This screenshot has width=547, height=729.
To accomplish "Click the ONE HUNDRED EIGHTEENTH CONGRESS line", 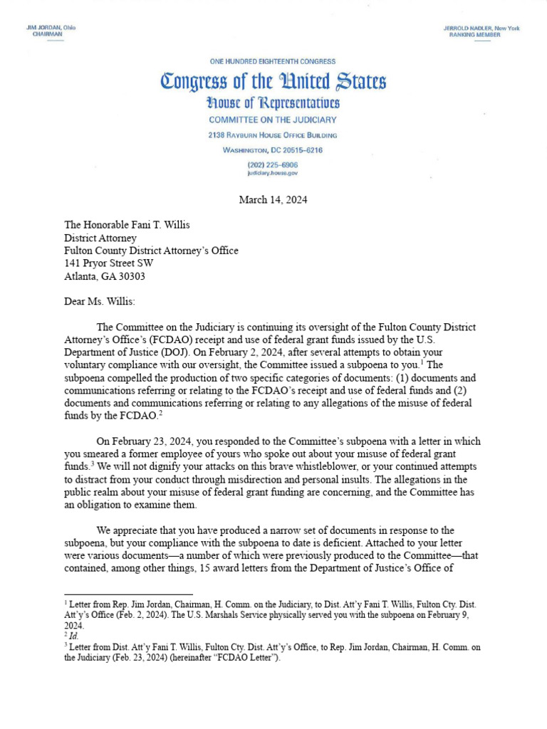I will pos(273,62).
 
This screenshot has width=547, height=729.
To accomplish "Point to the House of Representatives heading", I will pos(273,103).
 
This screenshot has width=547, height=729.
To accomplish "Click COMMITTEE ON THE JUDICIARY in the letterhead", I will pos(273,120).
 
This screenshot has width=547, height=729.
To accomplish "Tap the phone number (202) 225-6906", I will pos(273,165).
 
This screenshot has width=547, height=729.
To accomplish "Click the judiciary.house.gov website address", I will pos(273,173).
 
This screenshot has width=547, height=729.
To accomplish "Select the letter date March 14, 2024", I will pos(273,200).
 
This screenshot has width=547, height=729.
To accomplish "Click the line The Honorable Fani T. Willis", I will pos(127,225).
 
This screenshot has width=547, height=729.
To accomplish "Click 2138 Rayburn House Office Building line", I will pos(273,135).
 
